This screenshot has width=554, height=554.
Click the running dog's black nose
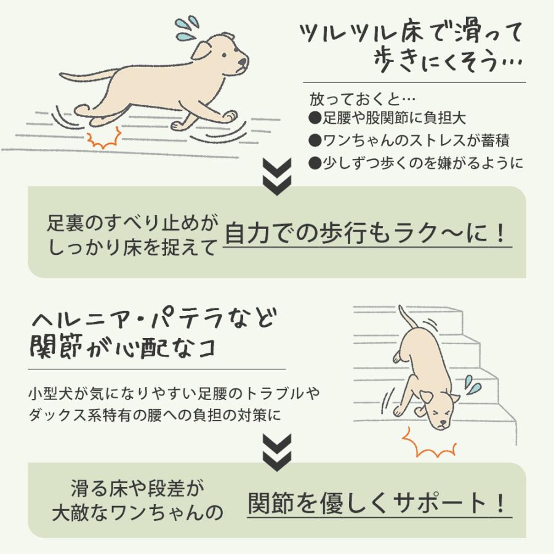point(245,62)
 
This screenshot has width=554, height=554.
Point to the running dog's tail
point(86,77)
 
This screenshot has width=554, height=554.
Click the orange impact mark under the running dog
point(104,138)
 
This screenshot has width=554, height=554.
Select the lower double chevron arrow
point(276,449)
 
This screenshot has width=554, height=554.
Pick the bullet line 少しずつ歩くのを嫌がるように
point(416,163)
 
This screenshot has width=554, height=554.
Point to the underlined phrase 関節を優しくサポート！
point(379,504)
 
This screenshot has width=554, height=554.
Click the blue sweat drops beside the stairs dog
point(472,385)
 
